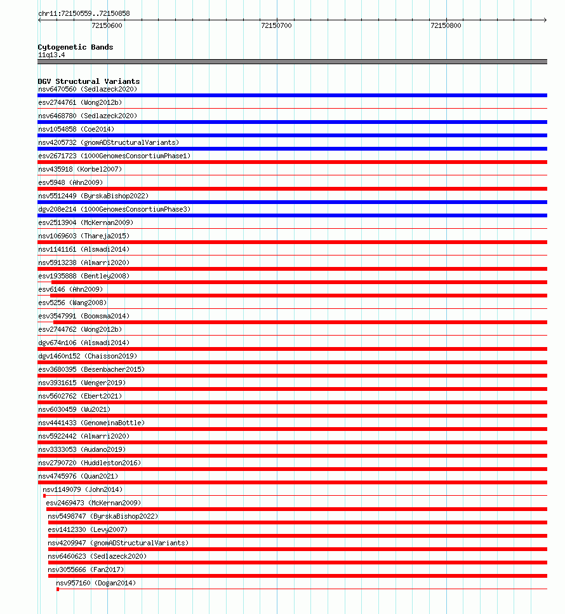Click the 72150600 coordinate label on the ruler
[107, 25]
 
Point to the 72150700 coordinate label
[276, 25]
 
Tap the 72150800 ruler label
[446, 25]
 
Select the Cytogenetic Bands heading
[75, 47]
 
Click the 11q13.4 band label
[51, 55]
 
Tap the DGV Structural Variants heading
[88, 81]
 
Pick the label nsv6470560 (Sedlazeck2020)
[87, 89]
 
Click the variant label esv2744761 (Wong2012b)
[79, 102]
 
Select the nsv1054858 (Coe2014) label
[76, 129]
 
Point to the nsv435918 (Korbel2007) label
[79, 169]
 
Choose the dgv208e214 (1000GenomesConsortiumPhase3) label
[114, 209]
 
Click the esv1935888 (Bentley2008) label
[83, 276]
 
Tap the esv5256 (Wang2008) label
[72, 303]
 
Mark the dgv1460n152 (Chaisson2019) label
[87, 356]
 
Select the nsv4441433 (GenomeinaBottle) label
[91, 423]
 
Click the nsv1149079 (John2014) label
[83, 489]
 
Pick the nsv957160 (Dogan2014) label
[95, 583]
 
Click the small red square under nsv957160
[58, 589]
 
